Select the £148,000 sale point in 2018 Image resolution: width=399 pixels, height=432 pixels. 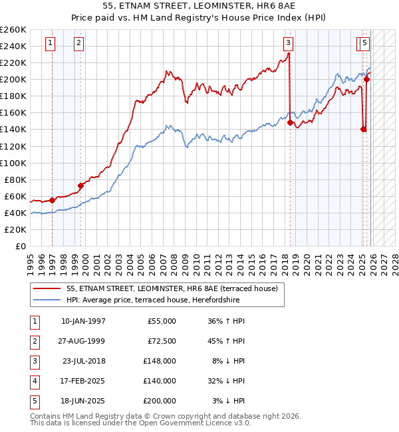click(290, 122)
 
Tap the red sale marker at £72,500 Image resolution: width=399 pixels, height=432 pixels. click(80, 185)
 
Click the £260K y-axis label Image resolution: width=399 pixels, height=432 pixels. click(13, 30)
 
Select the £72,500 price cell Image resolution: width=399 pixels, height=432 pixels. click(160, 341)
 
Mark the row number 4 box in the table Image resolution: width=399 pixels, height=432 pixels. click(35, 381)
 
